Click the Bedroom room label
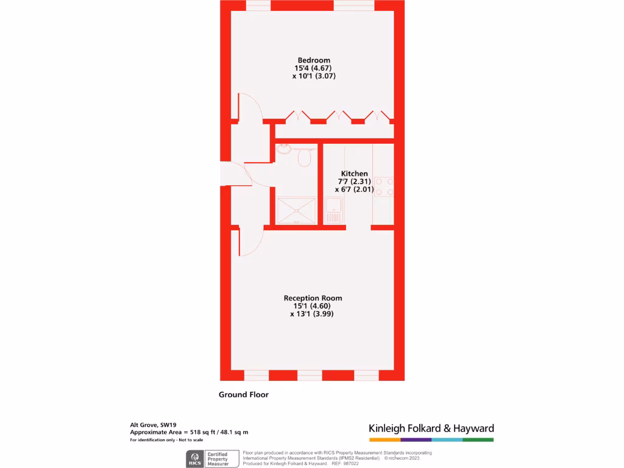(x=314, y=60)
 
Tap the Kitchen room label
(x=354, y=174)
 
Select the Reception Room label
(x=313, y=298)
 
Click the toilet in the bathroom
(x=304, y=158)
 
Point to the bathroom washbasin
(x=285, y=149)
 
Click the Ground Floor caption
(x=244, y=394)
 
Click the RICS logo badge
(x=196, y=458)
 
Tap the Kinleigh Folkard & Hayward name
(x=431, y=428)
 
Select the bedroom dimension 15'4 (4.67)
(x=314, y=68)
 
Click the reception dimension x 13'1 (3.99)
(x=312, y=314)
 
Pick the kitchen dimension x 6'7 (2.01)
(x=354, y=190)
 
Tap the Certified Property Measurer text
(x=219, y=458)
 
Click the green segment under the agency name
(x=478, y=439)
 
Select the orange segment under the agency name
(x=385, y=439)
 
